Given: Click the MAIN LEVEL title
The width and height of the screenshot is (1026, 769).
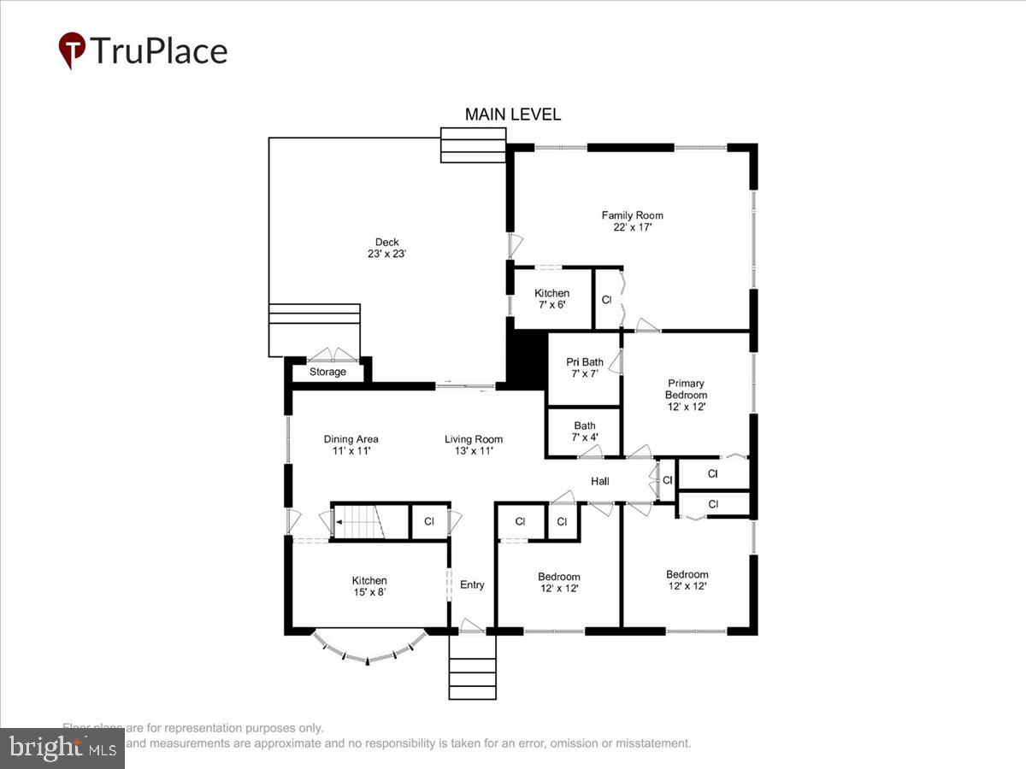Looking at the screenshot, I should click(x=512, y=114).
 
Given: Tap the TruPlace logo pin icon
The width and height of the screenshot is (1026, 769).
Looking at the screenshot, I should click(x=71, y=50).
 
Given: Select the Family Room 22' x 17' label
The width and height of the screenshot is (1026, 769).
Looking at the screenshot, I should click(x=632, y=221).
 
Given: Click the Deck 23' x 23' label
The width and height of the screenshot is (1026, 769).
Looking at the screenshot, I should click(x=386, y=248).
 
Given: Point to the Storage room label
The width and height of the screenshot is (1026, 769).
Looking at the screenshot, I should click(x=327, y=373).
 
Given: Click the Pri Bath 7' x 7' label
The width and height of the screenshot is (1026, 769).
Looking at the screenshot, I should click(x=585, y=368).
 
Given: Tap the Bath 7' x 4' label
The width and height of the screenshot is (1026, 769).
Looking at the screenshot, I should click(x=585, y=431).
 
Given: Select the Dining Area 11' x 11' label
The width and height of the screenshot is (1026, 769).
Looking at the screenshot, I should click(x=351, y=445).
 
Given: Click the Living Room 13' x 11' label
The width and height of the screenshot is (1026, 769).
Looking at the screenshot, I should click(x=473, y=445).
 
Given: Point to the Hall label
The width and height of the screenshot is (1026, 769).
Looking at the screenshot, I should click(x=600, y=482).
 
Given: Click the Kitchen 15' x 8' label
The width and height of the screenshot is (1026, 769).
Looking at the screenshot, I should click(x=369, y=586).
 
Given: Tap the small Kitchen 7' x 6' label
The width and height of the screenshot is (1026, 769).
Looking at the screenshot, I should click(x=551, y=299).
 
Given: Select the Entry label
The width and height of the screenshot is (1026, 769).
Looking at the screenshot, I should click(x=472, y=585).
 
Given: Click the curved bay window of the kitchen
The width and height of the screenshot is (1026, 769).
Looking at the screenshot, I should click(x=368, y=654).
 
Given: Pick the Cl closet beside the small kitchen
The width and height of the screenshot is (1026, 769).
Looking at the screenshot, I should click(x=606, y=300).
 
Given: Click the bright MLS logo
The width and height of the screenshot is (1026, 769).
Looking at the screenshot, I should click(x=62, y=748).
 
